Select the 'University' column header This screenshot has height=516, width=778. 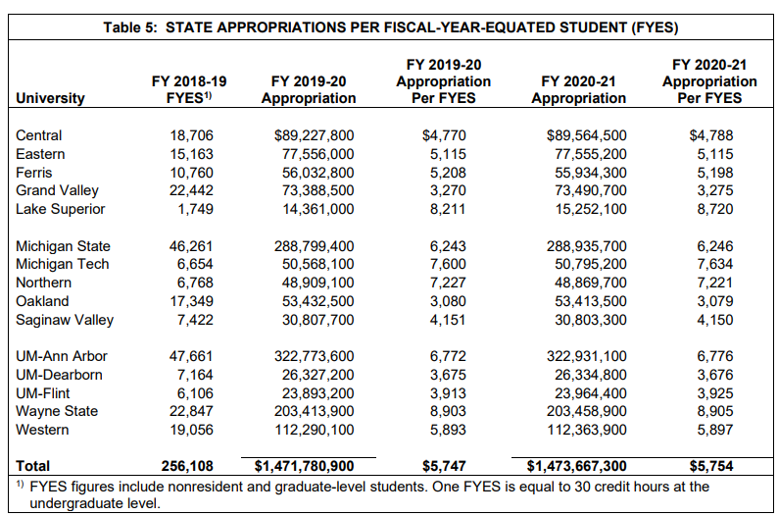tap(50, 98)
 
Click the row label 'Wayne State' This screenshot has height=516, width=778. tap(57, 411)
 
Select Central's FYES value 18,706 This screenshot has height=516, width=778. tap(191, 135)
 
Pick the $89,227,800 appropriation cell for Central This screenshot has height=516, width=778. tap(315, 135)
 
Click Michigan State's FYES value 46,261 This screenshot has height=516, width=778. tap(191, 246)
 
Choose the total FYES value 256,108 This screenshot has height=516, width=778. tap(185, 466)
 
